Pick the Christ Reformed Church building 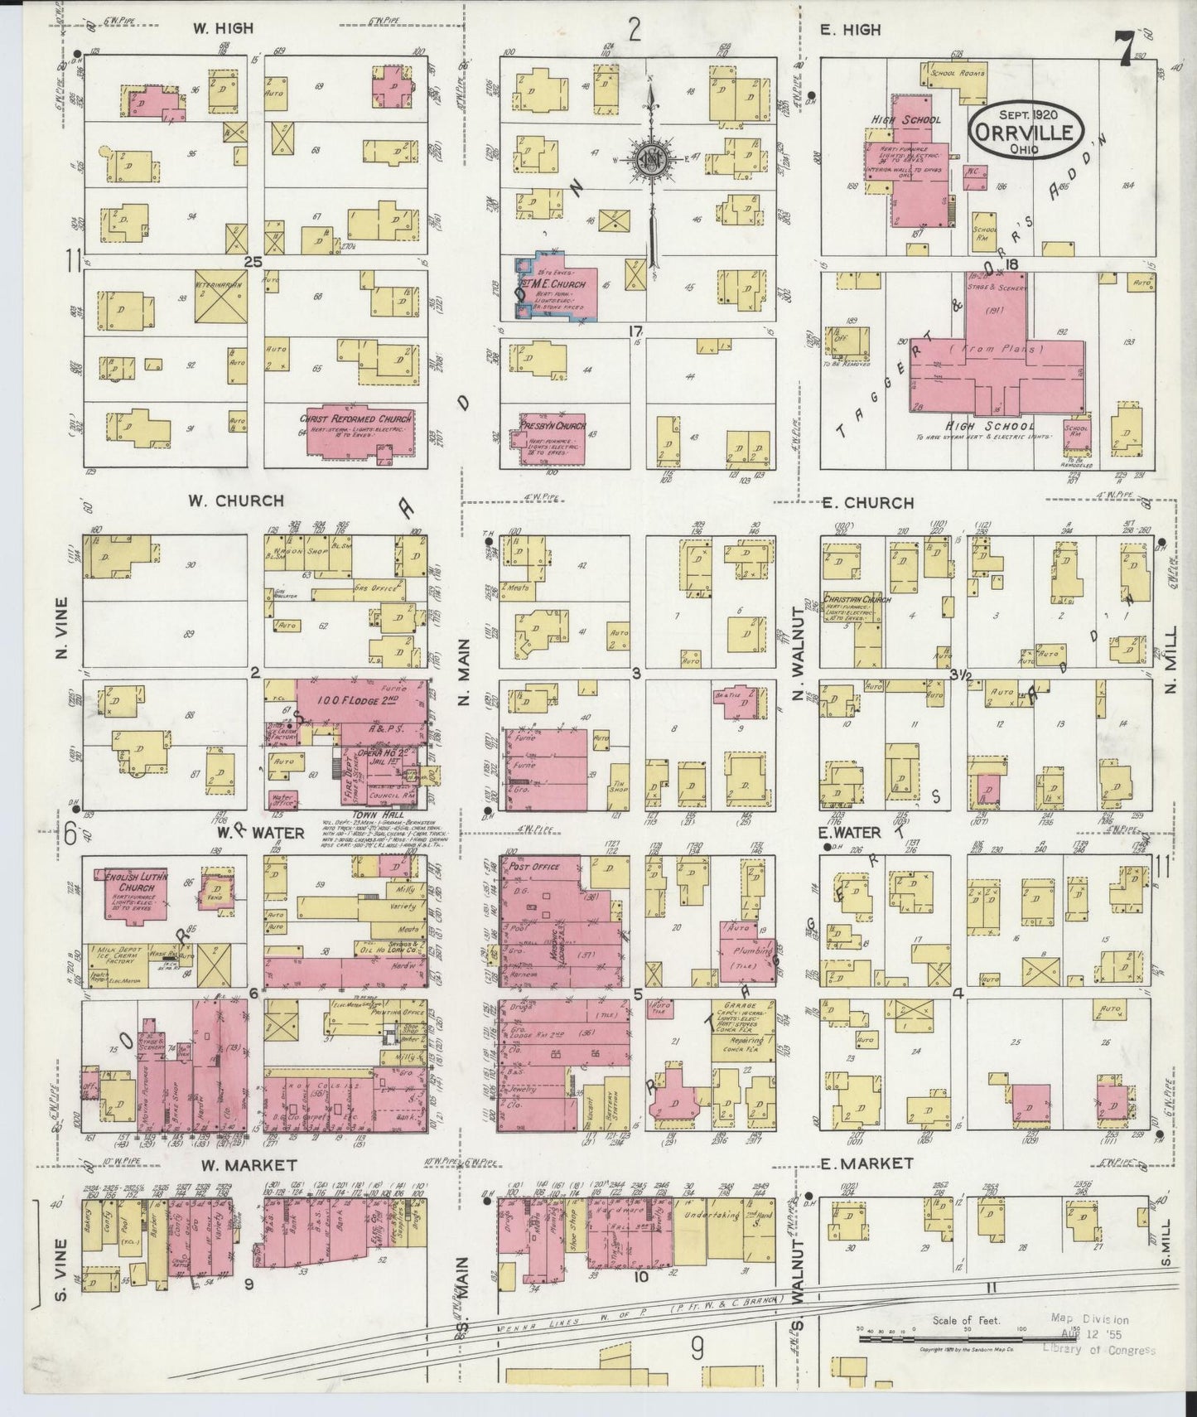357,431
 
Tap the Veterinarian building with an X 222,296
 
